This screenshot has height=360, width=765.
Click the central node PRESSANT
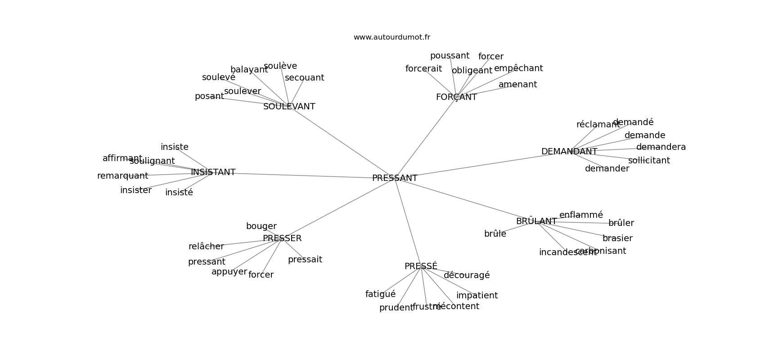point(395,178)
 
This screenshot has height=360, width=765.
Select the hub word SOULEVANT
point(289,107)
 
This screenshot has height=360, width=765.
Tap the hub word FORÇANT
point(456,97)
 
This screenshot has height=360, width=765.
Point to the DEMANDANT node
point(569,152)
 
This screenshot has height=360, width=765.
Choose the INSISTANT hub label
point(213,172)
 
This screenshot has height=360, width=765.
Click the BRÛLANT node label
point(536,221)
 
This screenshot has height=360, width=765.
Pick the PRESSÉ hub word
point(421,266)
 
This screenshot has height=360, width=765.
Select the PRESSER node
point(282,238)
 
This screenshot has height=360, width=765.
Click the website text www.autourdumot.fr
point(391,37)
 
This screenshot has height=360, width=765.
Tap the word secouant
point(304,78)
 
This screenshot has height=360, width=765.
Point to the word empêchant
point(518,68)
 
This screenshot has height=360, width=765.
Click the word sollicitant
point(648,161)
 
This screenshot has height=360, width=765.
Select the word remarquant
point(122,176)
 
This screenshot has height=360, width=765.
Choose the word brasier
point(617,238)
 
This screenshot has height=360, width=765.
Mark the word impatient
point(477,296)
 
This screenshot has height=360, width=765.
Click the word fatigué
point(380,294)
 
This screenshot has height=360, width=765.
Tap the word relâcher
point(206,247)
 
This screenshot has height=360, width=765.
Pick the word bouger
point(261,226)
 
